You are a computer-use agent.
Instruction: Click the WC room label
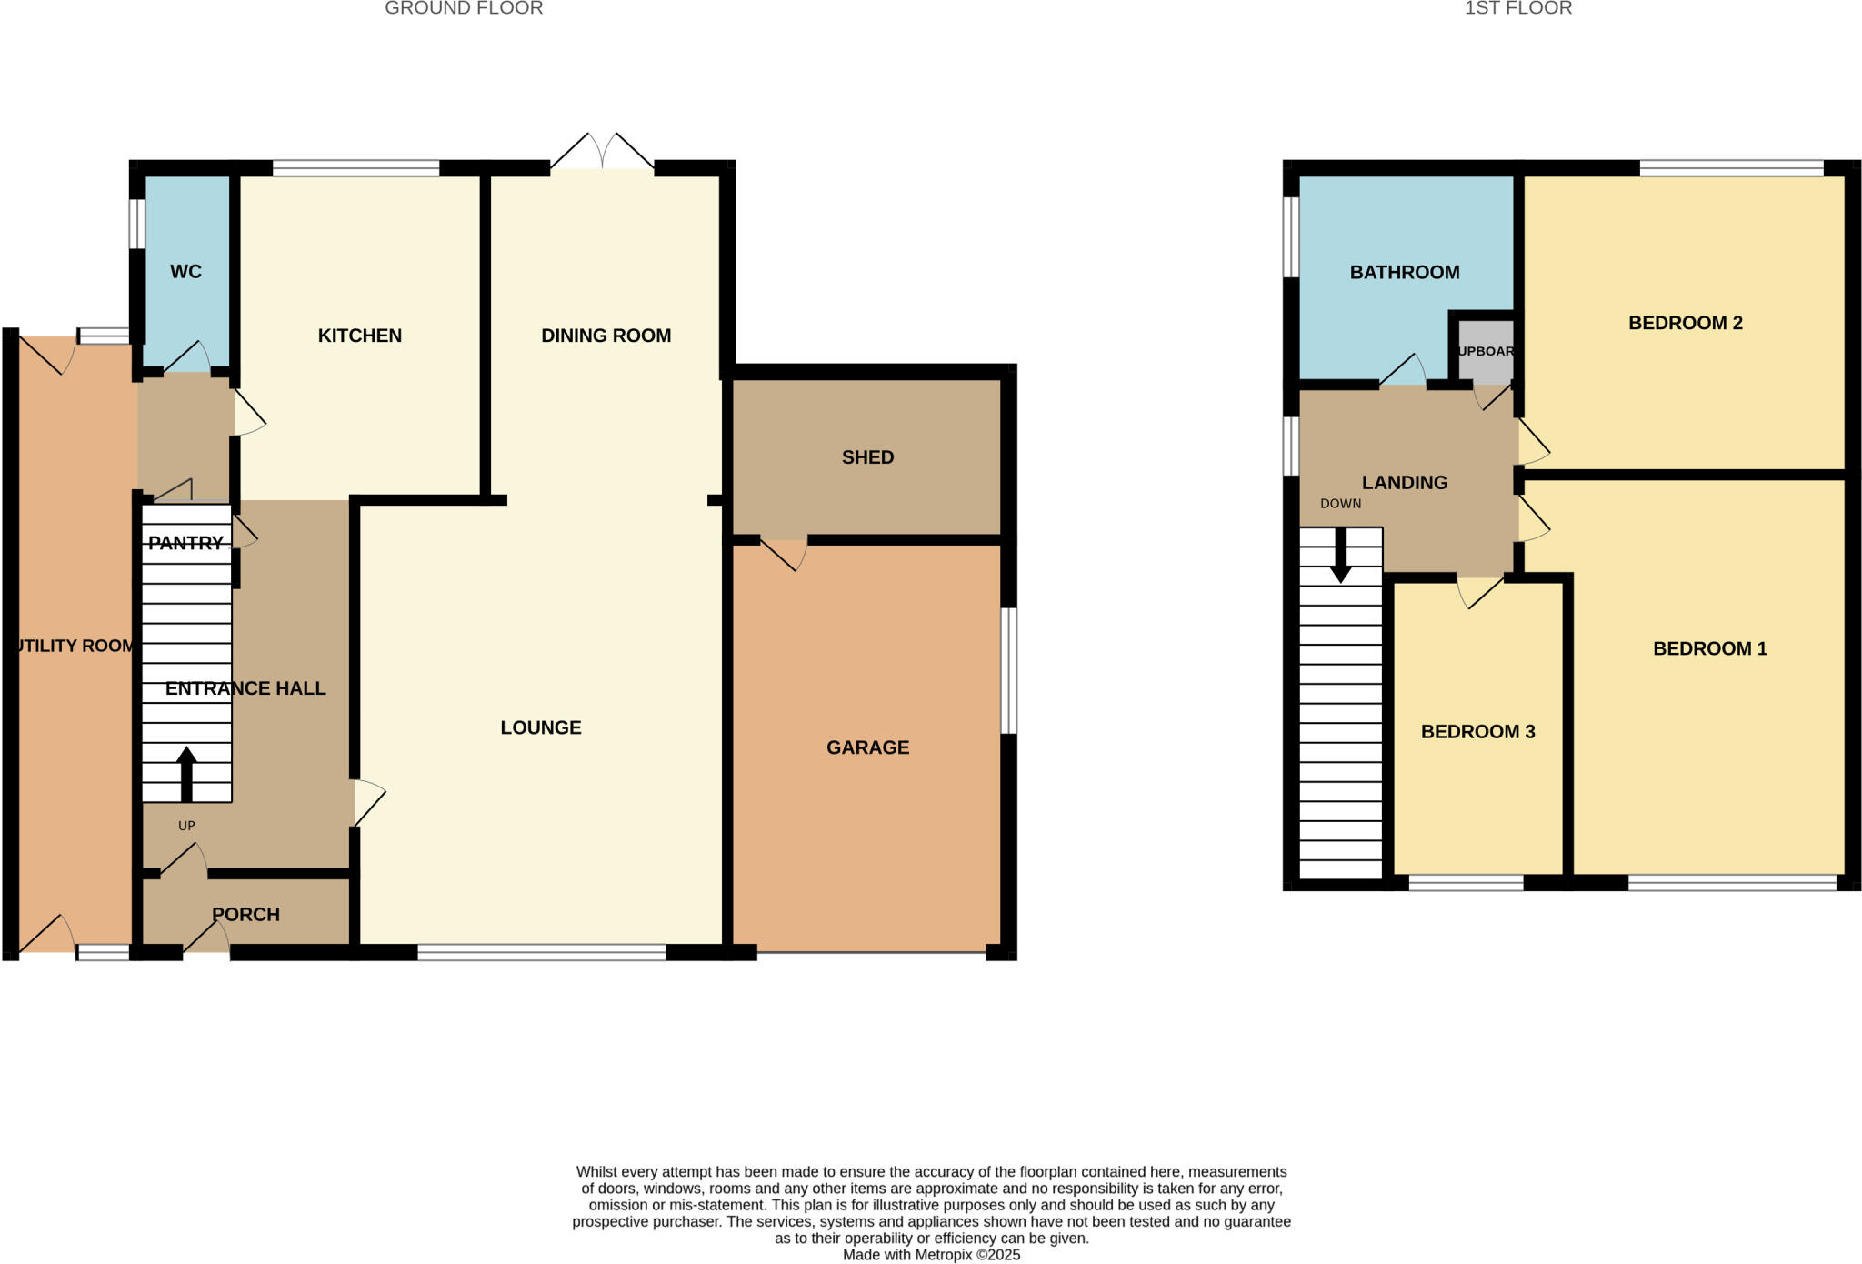coord(185,272)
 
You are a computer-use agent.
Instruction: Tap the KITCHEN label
coord(359,336)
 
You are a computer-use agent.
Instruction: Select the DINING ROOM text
coord(606,336)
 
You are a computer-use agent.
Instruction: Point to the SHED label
coord(867,457)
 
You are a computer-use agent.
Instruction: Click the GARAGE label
coord(867,747)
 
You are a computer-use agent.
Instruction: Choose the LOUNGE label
coord(541,727)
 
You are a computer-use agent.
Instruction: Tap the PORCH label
coord(245,915)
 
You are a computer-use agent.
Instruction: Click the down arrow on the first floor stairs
coord(1340,557)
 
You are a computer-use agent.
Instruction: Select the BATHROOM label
coord(1405,273)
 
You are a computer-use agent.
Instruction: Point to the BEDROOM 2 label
coord(1685,323)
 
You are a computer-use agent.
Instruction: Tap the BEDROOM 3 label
coord(1477,732)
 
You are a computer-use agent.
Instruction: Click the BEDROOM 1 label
coord(1709,648)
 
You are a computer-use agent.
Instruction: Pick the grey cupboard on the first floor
coord(1486,351)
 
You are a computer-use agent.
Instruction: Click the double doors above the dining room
coord(602,153)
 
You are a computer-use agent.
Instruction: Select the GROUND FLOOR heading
coord(464,9)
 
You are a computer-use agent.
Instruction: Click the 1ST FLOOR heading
coord(1517,9)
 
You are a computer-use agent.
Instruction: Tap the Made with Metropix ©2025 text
coord(931,1255)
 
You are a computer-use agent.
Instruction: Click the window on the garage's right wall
coord(1008,670)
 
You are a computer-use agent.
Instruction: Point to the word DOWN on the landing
coord(1340,504)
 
